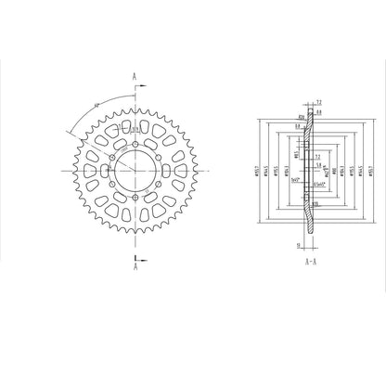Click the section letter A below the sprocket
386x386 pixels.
coord(135,267)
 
